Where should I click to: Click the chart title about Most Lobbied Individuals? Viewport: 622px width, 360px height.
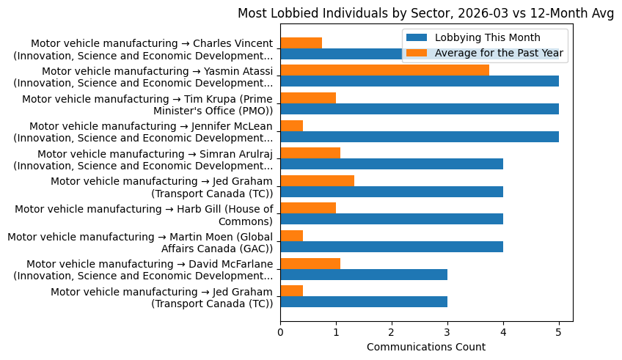426,12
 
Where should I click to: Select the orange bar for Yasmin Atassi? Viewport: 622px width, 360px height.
384,70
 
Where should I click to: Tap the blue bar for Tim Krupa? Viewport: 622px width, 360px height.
419,109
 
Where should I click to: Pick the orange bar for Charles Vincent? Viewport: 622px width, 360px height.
301,43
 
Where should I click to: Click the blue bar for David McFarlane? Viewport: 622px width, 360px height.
363,274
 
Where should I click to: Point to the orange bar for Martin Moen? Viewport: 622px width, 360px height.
291,235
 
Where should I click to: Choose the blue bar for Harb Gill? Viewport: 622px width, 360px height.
391,219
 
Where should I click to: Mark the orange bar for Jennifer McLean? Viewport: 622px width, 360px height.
291,125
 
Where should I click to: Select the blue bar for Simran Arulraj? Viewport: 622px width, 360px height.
391,164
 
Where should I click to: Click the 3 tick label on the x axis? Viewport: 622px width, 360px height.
447,331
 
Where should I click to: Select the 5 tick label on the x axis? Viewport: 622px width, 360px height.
559,331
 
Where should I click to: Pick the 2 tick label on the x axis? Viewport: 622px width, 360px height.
392,331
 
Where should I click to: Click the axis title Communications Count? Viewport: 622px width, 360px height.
426,347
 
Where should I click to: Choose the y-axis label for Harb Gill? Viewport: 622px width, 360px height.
144,215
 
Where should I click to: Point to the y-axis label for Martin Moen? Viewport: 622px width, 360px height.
139,242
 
